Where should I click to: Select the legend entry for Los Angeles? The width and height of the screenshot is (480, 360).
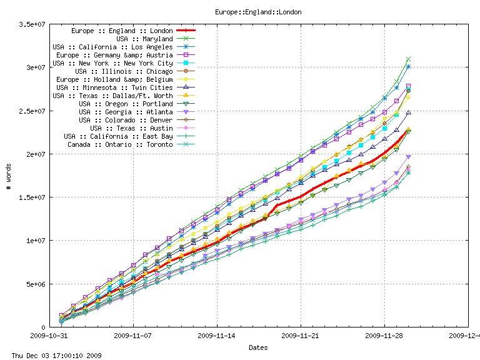112,47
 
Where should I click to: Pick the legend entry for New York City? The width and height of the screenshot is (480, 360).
112,63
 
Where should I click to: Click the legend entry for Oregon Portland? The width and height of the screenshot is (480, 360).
126,104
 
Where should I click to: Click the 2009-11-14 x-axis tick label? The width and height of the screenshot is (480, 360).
217,336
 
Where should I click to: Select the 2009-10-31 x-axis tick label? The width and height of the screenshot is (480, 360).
49,336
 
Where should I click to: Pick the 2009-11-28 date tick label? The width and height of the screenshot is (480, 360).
384,336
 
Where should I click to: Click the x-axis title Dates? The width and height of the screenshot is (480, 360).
258,347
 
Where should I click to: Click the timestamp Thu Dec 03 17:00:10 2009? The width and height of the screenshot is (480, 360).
52,356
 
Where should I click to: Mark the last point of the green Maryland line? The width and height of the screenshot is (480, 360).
408,59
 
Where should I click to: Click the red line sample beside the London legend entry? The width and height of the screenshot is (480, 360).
187,31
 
